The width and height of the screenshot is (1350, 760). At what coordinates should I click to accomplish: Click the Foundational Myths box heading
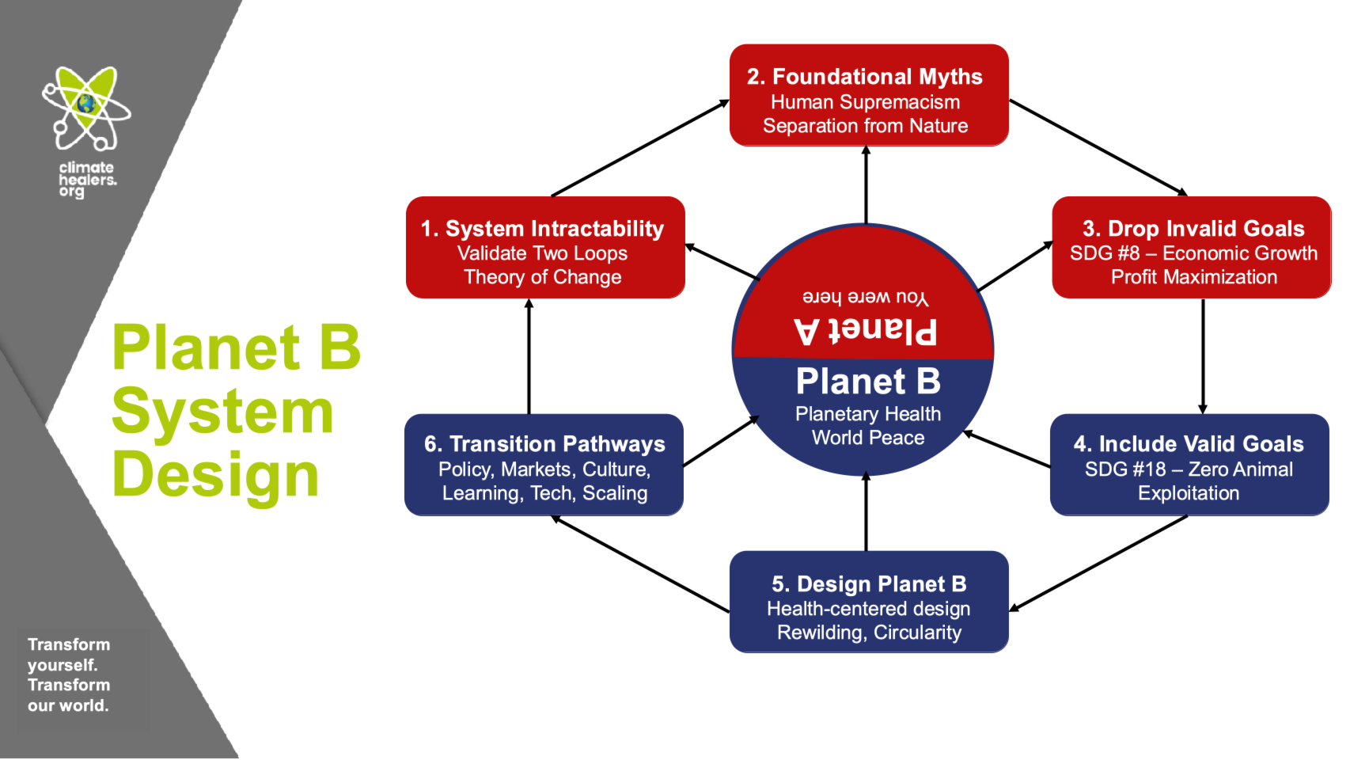click(864, 77)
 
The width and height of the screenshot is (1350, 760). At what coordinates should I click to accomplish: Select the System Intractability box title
click(542, 229)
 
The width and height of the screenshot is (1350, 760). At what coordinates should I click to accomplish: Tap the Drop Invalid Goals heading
click(1193, 229)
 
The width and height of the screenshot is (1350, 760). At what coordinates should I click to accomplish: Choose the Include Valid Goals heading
click(1189, 444)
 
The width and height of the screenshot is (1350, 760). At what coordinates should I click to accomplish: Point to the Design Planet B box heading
click(869, 584)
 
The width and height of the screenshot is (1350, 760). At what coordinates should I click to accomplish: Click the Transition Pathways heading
click(544, 444)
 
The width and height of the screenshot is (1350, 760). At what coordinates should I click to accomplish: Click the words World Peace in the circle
click(868, 438)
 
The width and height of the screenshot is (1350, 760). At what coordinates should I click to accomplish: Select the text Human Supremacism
click(865, 102)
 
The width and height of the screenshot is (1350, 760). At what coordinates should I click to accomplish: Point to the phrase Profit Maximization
click(1193, 277)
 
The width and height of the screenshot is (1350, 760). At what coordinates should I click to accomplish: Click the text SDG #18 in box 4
click(1125, 469)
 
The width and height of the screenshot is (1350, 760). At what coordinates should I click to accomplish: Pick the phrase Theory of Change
click(542, 277)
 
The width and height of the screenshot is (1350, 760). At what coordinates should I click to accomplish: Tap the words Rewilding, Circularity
click(869, 633)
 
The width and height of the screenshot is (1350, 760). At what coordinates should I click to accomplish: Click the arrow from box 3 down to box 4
click(1203, 356)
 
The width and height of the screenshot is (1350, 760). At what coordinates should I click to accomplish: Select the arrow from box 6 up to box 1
click(529, 356)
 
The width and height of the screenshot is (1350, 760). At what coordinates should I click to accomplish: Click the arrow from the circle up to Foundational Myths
click(866, 185)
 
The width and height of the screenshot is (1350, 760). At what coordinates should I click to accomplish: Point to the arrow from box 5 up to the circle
click(866, 513)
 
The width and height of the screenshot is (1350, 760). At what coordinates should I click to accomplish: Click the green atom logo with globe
click(86, 108)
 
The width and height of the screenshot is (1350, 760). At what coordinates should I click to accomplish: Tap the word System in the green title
click(222, 412)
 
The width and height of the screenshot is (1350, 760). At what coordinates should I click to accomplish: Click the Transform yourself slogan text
click(69, 675)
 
